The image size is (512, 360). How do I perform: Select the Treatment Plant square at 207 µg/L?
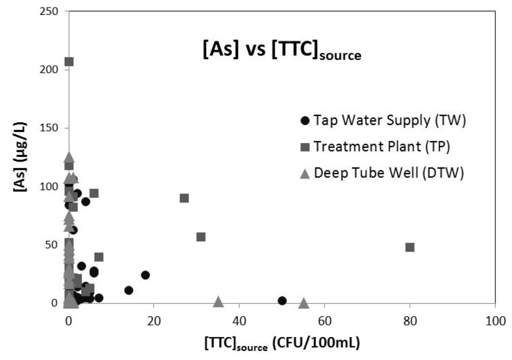[69, 61]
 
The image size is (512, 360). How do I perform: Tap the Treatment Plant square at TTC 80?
[410, 247]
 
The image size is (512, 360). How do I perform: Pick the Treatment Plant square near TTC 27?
[184, 198]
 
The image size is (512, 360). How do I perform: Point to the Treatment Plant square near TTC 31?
[201, 236]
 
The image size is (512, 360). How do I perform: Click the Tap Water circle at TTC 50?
[282, 300]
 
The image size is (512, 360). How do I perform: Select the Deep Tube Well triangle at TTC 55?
[303, 303]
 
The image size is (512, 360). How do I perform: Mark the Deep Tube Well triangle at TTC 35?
[218, 301]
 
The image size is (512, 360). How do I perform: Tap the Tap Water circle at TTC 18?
[145, 275]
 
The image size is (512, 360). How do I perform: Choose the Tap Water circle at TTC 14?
[128, 290]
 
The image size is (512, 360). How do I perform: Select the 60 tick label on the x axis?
[324, 319]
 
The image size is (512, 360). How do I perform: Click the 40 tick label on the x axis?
[239, 319]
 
